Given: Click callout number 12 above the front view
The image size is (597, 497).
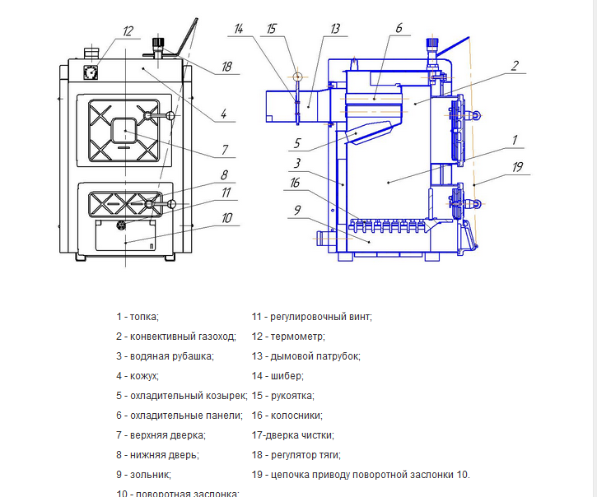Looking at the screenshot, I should coord(127,31).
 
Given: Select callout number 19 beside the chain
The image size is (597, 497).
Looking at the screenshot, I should coord(517,166).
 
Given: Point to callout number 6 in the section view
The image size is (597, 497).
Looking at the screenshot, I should coord(398,28).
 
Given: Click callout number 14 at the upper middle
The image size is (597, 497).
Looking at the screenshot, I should coord(238,29).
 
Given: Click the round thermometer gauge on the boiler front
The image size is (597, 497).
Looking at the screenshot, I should coord(90,71).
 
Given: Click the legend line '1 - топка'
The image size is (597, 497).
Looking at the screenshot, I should coord(137,316).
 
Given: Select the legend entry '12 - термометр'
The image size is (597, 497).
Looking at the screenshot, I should coord(288,336).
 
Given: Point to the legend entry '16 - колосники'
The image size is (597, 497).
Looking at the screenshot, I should coord(287,416).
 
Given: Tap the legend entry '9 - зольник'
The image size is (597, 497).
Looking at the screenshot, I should coord(143,475).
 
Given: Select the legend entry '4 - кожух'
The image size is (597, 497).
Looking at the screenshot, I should coord(138,376).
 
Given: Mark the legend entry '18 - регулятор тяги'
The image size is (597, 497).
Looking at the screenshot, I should coord(296,455).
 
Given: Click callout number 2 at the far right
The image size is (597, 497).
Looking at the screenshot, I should coord(513,66).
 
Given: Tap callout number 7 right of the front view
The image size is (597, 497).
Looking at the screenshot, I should coord(224,150).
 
